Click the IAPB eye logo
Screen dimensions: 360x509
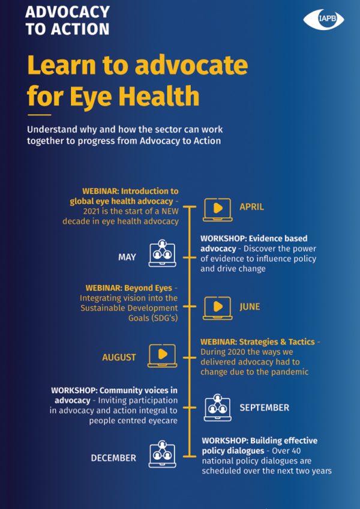point(323,19)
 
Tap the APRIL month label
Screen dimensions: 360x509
point(251,206)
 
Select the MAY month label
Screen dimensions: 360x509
point(127,258)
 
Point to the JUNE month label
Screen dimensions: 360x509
point(250,307)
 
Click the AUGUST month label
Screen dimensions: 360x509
point(119,357)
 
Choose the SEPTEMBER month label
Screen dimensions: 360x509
point(264,408)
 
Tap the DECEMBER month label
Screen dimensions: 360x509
point(113,458)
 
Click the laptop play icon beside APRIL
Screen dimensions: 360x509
point(217,209)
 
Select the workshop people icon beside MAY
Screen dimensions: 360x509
point(163,253)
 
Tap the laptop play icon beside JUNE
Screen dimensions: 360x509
point(217,309)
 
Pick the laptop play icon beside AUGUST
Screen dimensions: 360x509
point(163,356)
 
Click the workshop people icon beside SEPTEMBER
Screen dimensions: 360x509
point(217,408)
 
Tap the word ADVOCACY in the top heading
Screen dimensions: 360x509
point(67,13)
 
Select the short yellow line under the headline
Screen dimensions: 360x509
point(39,115)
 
